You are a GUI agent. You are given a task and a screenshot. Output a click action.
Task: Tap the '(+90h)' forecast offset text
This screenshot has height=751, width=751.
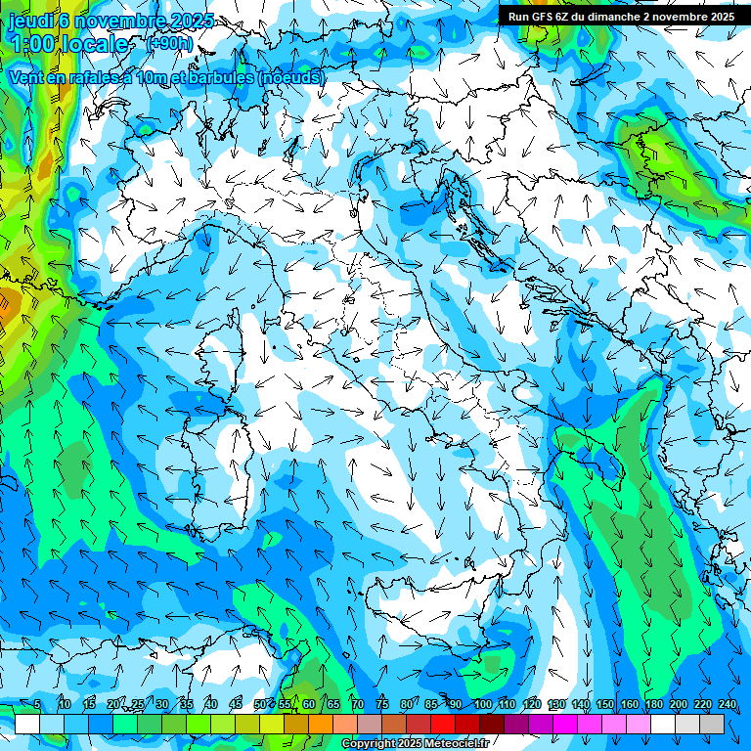click(x=168, y=43)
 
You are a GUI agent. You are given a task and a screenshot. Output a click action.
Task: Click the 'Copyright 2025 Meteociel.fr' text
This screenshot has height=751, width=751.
click(x=415, y=744)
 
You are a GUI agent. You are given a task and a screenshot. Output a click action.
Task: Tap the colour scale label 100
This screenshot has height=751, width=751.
click(x=483, y=704)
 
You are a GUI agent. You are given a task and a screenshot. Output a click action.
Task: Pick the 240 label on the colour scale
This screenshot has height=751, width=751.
click(x=727, y=704)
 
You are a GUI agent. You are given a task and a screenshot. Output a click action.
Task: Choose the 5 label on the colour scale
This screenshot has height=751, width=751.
click(x=37, y=704)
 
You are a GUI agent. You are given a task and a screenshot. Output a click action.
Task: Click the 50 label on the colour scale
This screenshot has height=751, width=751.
click(x=260, y=704)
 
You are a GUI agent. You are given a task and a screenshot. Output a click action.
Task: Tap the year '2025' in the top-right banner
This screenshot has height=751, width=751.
click(x=722, y=17)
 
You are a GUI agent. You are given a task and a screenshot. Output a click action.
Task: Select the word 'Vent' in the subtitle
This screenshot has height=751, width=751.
click(x=26, y=76)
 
